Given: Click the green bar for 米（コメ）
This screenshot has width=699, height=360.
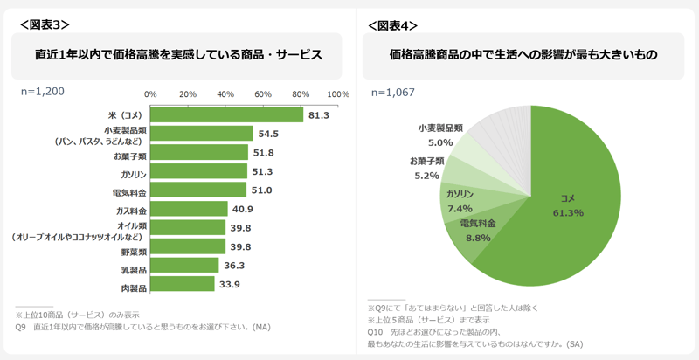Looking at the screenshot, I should pos(226,114).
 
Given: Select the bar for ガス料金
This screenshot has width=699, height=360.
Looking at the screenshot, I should pos(189,209).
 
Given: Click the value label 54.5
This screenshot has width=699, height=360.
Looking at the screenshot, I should pos(268,134).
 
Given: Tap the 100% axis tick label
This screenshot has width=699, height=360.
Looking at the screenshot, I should pos(337,93).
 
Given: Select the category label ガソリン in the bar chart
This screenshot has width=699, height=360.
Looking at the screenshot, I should pos(132,172).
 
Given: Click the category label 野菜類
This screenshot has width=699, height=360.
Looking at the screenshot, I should pos(132,248).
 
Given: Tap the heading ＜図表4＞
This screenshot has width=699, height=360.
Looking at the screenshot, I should pos(393,25).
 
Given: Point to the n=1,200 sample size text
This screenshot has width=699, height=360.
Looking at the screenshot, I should pos(42,91).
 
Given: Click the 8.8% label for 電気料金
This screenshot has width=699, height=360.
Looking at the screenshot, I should pos(478,237).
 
